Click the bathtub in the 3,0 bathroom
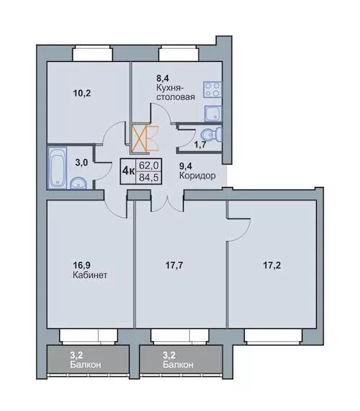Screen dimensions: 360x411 [57, 168]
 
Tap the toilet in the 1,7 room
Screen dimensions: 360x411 [212, 135]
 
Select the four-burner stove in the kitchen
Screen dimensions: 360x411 [212, 90]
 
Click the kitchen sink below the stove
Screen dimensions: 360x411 [212, 113]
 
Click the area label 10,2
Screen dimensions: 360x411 [82, 93]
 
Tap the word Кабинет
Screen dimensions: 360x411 [90, 275]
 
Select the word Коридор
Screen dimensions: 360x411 [197, 176]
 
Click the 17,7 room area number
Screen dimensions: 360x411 [174, 266]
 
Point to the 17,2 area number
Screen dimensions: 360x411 [271, 266]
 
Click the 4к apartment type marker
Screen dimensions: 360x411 [128, 171]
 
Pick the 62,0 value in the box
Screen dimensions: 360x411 [148, 166]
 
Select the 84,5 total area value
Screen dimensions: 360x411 [148, 178]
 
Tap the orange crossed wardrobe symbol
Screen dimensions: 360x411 [145, 138]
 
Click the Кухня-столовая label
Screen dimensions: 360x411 [176, 92]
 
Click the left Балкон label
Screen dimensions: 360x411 [86, 365]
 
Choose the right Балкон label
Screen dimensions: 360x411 [178, 365]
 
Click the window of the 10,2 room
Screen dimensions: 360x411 [93, 53]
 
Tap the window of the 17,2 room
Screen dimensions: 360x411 [273, 335]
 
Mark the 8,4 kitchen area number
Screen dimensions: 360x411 [162, 78]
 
